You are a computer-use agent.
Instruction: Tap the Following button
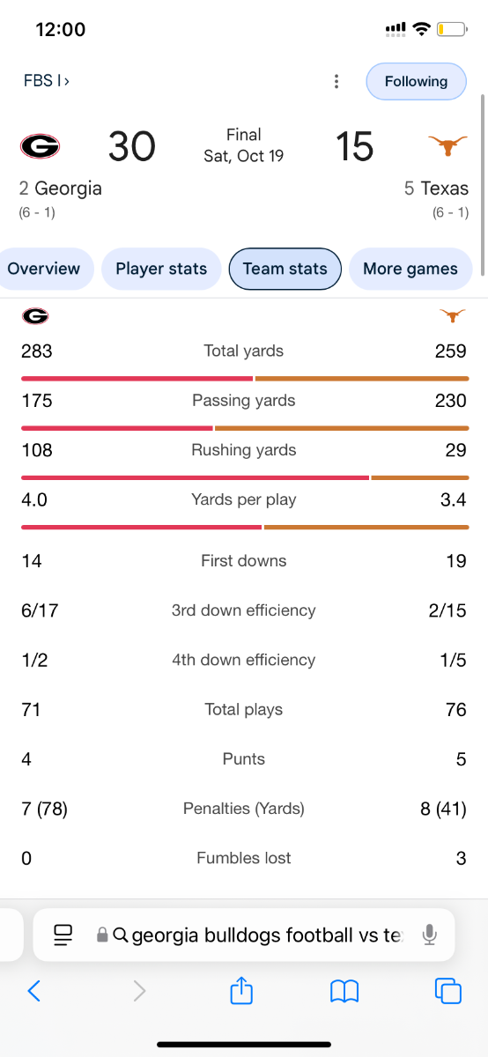click(417, 81)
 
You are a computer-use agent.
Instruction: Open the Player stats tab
click(161, 269)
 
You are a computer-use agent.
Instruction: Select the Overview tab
click(43, 269)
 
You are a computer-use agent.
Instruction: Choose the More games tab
click(410, 269)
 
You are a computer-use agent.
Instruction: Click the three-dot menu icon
click(336, 81)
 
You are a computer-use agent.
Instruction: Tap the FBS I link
click(47, 81)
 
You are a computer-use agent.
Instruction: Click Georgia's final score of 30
click(131, 146)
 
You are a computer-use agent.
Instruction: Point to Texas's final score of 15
click(354, 146)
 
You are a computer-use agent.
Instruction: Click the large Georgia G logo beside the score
click(41, 146)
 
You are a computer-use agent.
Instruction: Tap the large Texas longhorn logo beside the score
click(447, 145)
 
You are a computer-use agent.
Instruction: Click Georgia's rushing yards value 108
click(37, 450)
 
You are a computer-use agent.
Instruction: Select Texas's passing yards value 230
click(451, 401)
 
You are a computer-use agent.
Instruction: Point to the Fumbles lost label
click(243, 858)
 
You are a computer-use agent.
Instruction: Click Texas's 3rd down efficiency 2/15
click(447, 610)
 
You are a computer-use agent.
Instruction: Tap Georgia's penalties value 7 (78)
click(44, 809)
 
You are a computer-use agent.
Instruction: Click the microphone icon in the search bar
click(430, 935)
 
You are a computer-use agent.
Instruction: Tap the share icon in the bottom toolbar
click(241, 990)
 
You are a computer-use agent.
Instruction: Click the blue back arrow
click(34, 990)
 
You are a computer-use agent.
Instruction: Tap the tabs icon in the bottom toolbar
click(447, 990)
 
